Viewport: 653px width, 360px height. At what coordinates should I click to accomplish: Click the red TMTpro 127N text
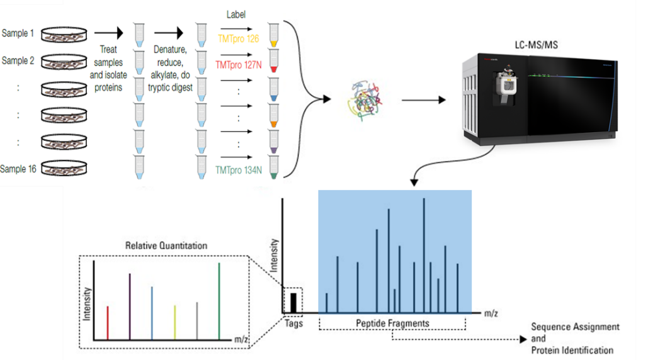(x=237, y=65)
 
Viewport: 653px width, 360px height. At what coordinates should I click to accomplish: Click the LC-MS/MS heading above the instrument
(x=536, y=45)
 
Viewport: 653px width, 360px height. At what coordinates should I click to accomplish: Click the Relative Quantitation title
(x=166, y=245)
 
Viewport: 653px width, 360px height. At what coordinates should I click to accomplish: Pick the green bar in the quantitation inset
(x=219, y=301)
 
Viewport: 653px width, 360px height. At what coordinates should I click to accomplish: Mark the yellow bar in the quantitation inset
(x=174, y=323)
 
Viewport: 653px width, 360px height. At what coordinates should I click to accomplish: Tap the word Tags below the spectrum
(x=293, y=323)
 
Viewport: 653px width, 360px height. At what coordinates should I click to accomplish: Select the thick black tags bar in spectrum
(x=293, y=303)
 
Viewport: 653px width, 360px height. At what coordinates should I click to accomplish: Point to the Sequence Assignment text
(x=575, y=327)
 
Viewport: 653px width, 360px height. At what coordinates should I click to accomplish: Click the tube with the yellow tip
(x=273, y=35)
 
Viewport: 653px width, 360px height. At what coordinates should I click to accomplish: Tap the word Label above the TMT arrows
(x=236, y=14)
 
